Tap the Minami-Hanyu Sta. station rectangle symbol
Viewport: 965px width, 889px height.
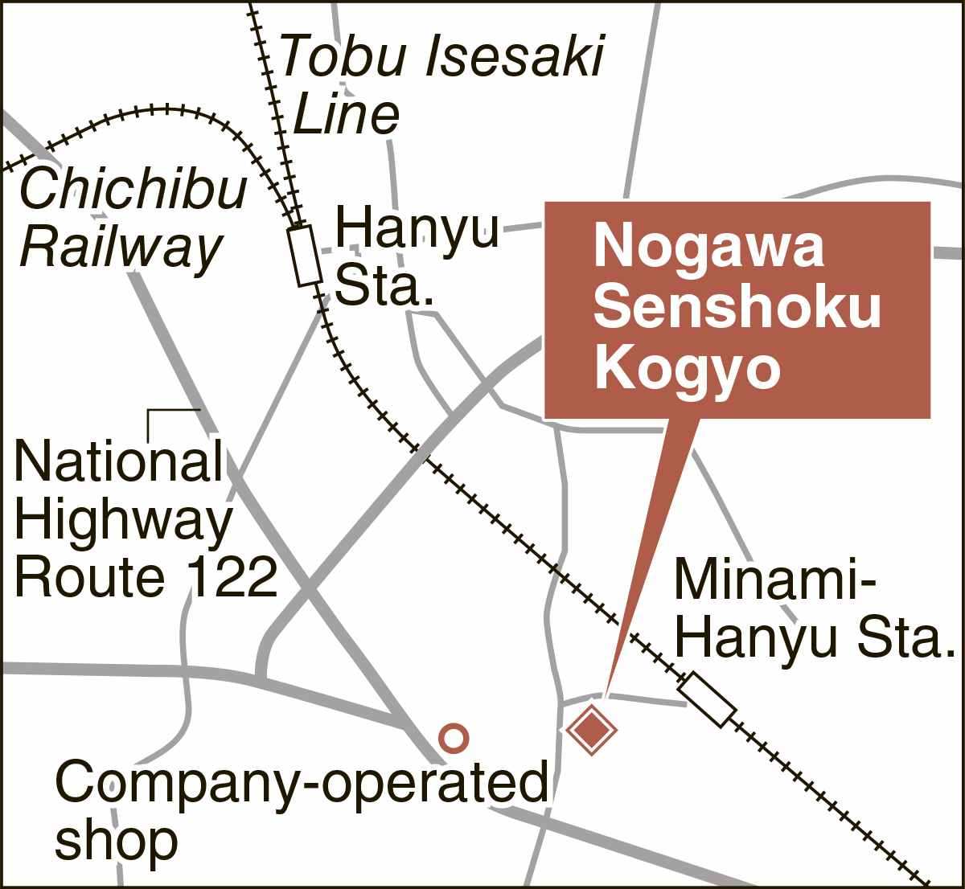(707, 701)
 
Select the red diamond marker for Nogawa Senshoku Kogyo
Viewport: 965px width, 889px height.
(592, 730)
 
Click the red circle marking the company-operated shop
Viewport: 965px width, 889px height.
(454, 737)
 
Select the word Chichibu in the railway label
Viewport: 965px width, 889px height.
(133, 190)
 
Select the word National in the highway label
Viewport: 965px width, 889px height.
(119, 461)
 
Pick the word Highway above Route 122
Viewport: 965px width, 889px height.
(123, 520)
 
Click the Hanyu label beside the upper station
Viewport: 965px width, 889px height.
(417, 229)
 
